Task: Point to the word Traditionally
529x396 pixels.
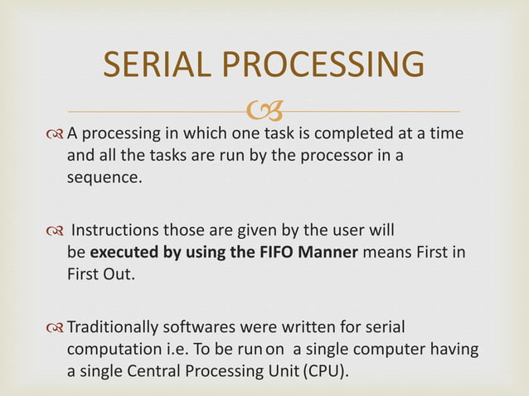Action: click(x=114, y=328)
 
